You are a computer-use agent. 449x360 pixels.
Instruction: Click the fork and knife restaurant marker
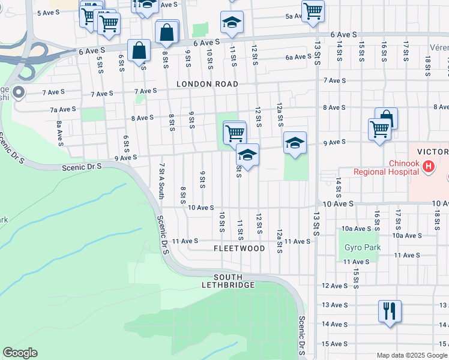(x=390, y=311)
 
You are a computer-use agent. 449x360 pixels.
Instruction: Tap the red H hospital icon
(x=428, y=166)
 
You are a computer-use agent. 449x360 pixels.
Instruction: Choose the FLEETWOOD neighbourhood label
(x=240, y=248)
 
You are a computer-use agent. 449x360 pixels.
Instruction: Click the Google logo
(x=20, y=353)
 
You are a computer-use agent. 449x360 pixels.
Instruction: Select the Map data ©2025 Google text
(x=412, y=355)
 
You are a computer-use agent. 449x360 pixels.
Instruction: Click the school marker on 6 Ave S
(x=232, y=23)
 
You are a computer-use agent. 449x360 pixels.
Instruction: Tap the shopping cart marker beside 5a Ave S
(x=313, y=11)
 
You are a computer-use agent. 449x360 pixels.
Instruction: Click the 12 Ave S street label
(x=335, y=285)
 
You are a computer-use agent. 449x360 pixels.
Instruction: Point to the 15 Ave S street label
(x=335, y=344)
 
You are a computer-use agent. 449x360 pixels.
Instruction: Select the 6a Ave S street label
(x=298, y=57)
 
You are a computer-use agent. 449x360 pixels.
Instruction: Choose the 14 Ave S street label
(x=335, y=324)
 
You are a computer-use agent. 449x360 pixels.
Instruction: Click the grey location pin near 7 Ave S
(x=19, y=92)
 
